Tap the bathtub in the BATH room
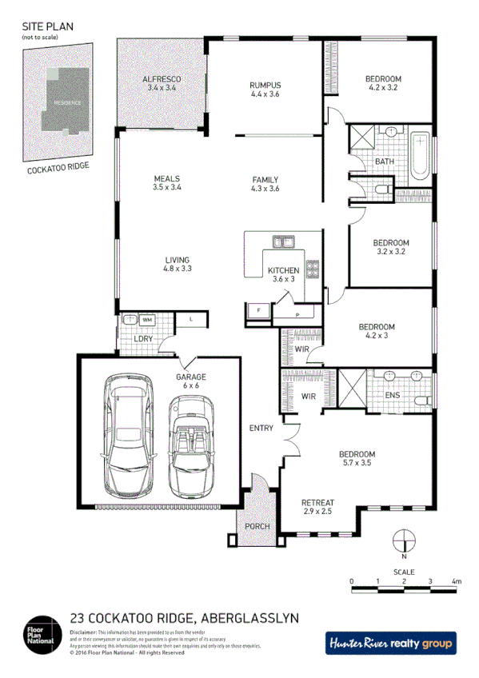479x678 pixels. pyautogui.click(x=420, y=154)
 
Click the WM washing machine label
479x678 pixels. pyautogui.click(x=147, y=320)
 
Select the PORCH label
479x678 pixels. pyautogui.click(x=257, y=526)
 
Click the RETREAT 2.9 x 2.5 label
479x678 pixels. pyautogui.click(x=317, y=506)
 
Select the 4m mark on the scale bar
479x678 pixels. pyautogui.click(x=456, y=580)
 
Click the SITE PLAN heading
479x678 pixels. pyautogui.click(x=47, y=26)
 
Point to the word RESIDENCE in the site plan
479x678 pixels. pyautogui.click(x=67, y=103)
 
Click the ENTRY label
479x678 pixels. pyautogui.click(x=261, y=428)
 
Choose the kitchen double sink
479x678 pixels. pyautogui.click(x=282, y=241)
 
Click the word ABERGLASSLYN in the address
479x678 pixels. pyautogui.click(x=253, y=617)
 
